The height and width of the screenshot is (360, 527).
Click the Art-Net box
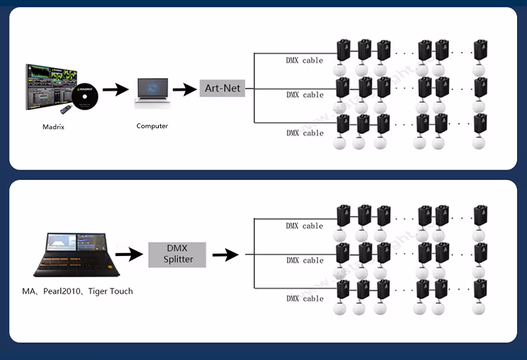(x=222, y=89)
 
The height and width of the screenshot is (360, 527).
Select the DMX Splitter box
(x=176, y=255)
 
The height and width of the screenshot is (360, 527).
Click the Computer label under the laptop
(x=152, y=126)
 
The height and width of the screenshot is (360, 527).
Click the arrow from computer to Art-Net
(x=185, y=89)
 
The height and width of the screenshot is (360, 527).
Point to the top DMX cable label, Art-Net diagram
(x=304, y=60)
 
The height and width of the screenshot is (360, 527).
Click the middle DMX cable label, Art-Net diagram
(x=304, y=95)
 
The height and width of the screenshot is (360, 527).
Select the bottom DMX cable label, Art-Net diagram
(x=304, y=133)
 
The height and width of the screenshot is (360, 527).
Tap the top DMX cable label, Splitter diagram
(x=304, y=226)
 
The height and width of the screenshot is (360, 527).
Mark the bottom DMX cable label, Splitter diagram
(x=304, y=299)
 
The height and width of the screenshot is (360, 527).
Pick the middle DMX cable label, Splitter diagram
(x=304, y=260)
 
